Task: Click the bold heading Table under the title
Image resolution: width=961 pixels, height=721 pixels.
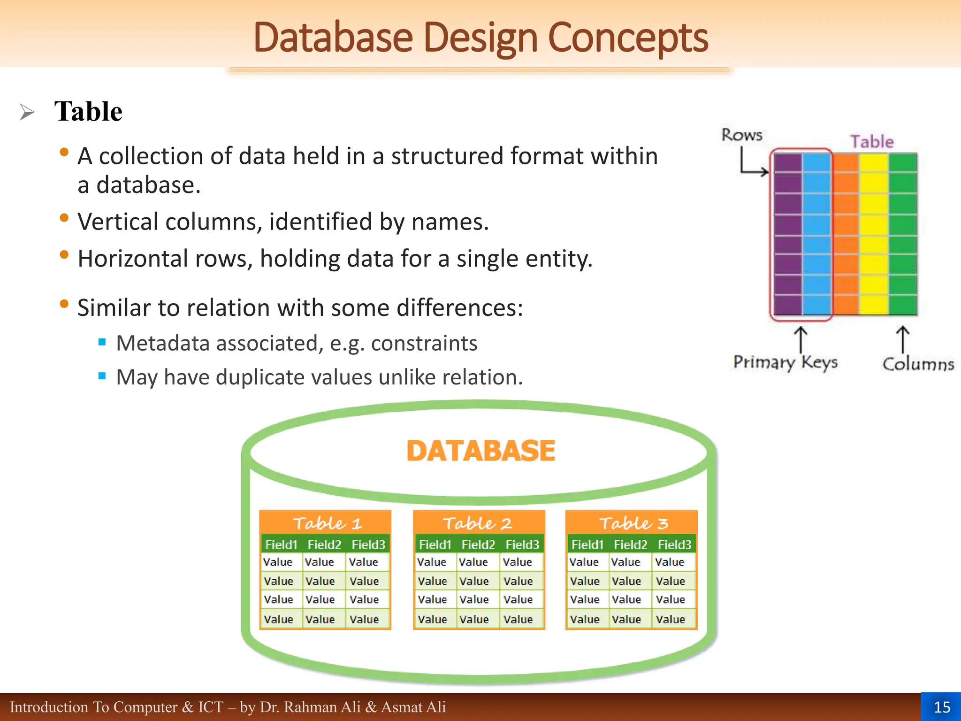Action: (x=88, y=112)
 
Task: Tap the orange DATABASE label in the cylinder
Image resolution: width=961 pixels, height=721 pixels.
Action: (x=481, y=451)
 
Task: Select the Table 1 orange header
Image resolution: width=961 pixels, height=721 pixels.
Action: (x=326, y=523)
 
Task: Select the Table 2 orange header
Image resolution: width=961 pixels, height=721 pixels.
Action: (x=478, y=523)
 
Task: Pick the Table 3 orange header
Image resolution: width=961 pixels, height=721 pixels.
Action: (x=632, y=523)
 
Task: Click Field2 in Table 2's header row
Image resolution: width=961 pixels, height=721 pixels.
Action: (x=478, y=545)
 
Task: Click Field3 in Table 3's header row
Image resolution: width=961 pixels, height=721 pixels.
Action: (x=674, y=545)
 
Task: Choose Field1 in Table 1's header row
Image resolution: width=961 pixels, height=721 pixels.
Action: (x=281, y=545)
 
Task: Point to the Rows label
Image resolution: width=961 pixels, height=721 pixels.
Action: (x=741, y=135)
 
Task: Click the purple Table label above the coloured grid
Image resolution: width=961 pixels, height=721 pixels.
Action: (x=872, y=142)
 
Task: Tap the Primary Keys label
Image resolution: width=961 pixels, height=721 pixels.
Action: (x=785, y=362)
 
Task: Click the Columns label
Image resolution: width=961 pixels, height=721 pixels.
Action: (x=918, y=364)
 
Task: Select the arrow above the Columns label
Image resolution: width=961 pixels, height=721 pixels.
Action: (x=902, y=339)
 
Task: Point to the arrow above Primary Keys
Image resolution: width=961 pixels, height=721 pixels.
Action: (x=801, y=339)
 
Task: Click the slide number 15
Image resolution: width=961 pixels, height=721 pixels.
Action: (x=942, y=707)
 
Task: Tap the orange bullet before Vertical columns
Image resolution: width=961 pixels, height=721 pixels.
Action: (x=64, y=218)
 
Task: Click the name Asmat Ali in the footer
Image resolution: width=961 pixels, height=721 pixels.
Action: (x=413, y=707)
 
